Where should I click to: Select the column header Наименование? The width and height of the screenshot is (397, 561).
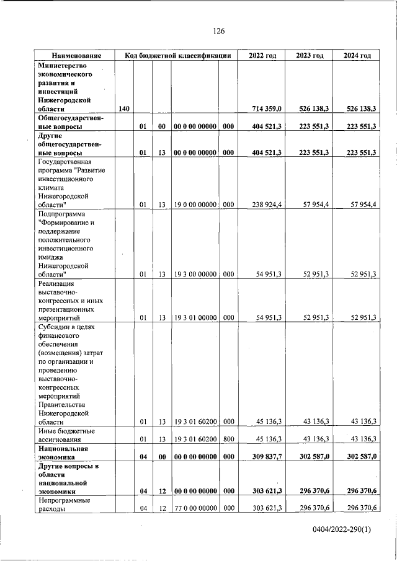[76, 55]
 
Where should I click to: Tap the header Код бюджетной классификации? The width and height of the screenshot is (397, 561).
[178, 55]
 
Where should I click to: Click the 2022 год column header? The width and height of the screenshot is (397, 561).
[262, 55]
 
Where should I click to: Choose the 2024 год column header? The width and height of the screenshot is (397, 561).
[357, 55]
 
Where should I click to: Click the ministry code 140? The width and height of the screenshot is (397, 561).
[124, 109]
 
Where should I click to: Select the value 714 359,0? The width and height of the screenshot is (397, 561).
[267, 109]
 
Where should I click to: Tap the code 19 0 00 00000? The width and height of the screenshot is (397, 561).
[195, 204]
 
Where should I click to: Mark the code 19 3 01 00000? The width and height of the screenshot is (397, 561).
[195, 317]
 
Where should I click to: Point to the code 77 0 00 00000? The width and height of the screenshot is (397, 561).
[195, 508]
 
